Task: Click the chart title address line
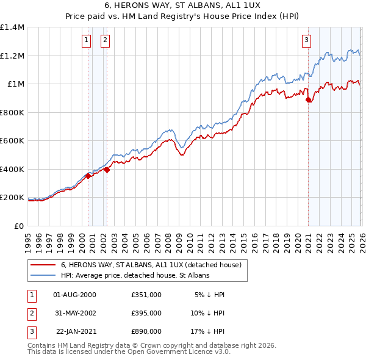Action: pos(182,7)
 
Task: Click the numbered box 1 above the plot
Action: pos(86,41)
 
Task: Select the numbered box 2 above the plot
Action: pos(105,41)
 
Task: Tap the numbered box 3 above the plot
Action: pos(306,41)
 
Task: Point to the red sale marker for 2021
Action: pos(308,100)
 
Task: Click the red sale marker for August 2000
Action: pos(88,176)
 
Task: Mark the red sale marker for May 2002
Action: pos(107,170)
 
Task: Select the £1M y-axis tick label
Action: pos(15,84)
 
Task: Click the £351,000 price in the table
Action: pos(146,295)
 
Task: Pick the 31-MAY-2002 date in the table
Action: pos(75,313)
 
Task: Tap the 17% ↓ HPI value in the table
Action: pos(209,331)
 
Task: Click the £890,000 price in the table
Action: pos(146,331)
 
